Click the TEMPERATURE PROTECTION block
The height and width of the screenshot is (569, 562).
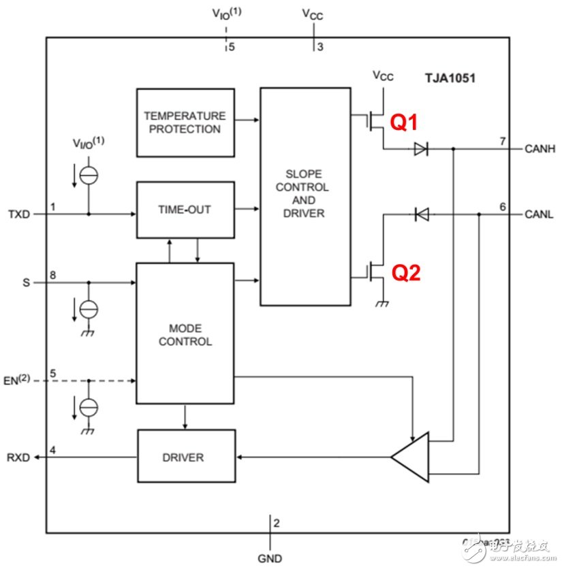pos(185,123)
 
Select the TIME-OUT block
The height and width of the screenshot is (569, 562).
pos(185,210)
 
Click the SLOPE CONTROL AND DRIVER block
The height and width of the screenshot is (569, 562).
pos(305,196)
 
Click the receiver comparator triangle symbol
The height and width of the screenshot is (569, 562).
pos(413,457)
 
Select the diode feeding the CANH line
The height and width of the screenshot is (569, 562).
pos(420,148)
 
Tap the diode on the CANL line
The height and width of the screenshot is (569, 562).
pos(420,214)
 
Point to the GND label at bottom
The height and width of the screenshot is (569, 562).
pos(270,558)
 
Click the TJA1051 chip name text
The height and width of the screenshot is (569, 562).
pos(450,78)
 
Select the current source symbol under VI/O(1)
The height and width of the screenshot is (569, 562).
pos(89,176)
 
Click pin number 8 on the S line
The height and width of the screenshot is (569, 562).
pos(52,274)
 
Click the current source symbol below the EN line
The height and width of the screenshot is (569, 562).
pos(89,407)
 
